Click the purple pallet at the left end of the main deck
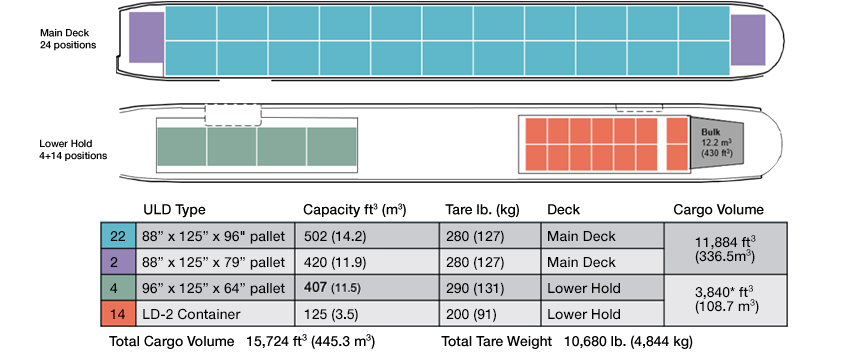146,41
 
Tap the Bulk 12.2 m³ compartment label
711,142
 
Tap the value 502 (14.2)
339,236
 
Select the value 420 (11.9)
339,262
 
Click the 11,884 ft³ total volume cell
726,248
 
